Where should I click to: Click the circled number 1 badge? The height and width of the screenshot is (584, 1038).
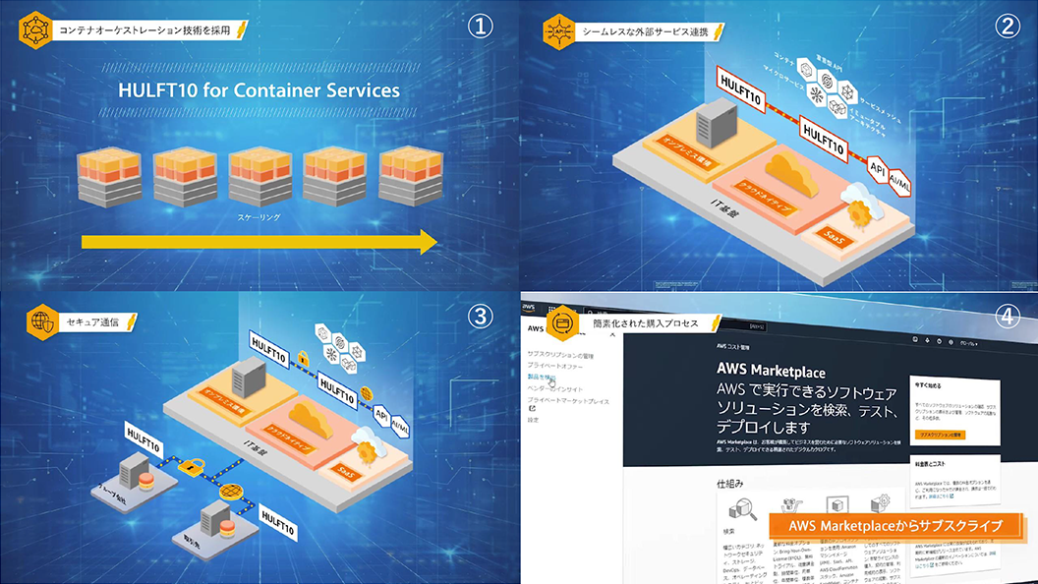(481, 26)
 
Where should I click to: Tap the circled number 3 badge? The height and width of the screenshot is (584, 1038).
(480, 316)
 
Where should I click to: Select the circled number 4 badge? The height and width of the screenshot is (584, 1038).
(1009, 317)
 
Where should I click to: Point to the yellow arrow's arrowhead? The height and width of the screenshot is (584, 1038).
(429, 243)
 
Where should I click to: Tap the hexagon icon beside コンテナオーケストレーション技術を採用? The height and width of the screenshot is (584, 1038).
(34, 29)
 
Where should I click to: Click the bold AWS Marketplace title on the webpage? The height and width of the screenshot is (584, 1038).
(772, 372)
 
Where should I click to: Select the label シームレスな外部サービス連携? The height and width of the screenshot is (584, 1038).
(645, 31)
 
